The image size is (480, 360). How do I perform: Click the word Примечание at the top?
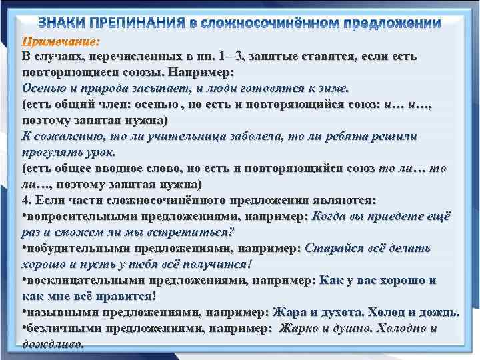tap(61, 42)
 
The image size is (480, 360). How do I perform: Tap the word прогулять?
tap(53, 153)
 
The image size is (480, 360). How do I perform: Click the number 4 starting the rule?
tap(25, 201)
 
